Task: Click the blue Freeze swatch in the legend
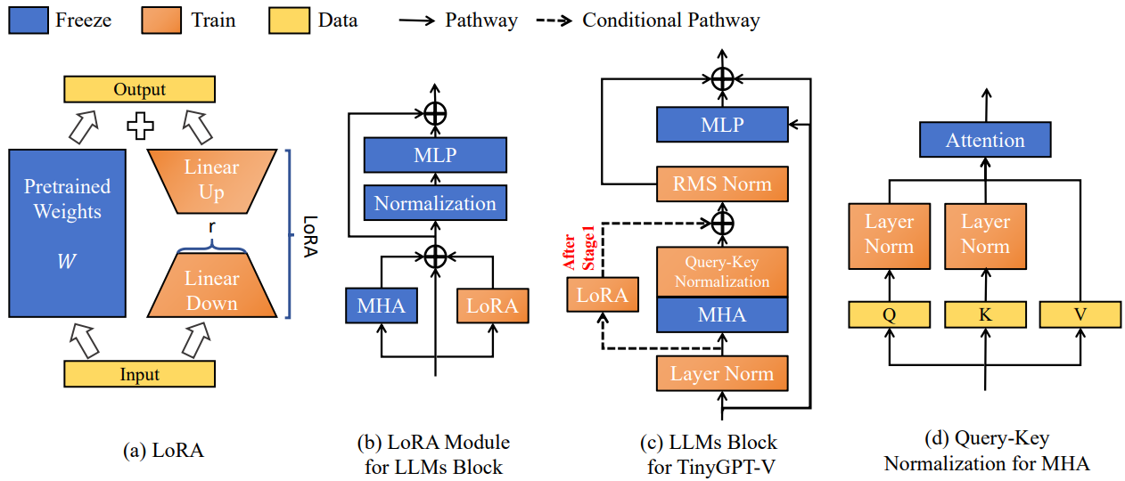pyautogui.click(x=29, y=20)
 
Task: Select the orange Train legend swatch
pyautogui.click(x=161, y=20)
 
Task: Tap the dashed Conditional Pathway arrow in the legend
pyautogui.click(x=554, y=20)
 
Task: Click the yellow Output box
pyautogui.click(x=140, y=89)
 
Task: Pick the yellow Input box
pyautogui.click(x=140, y=373)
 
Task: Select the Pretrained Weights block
pyautogui.click(x=67, y=233)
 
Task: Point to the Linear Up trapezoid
pyautogui.click(x=212, y=181)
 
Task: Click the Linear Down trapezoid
pyautogui.click(x=212, y=285)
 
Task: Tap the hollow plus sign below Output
pyautogui.click(x=140, y=126)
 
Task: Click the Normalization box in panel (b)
pyautogui.click(x=435, y=203)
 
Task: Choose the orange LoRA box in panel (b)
pyautogui.click(x=493, y=306)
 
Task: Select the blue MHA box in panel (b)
pyautogui.click(x=382, y=306)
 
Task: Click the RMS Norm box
pyautogui.click(x=722, y=183)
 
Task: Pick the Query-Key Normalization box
pyautogui.click(x=722, y=272)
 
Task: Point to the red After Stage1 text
pyautogui.click(x=579, y=248)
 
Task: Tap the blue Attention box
pyautogui.click(x=985, y=140)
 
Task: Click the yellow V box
pyautogui.click(x=1080, y=314)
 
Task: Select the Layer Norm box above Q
pyautogui.click(x=890, y=236)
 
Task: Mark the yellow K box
pyautogui.click(x=985, y=314)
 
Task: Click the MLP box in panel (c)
pyautogui.click(x=722, y=125)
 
